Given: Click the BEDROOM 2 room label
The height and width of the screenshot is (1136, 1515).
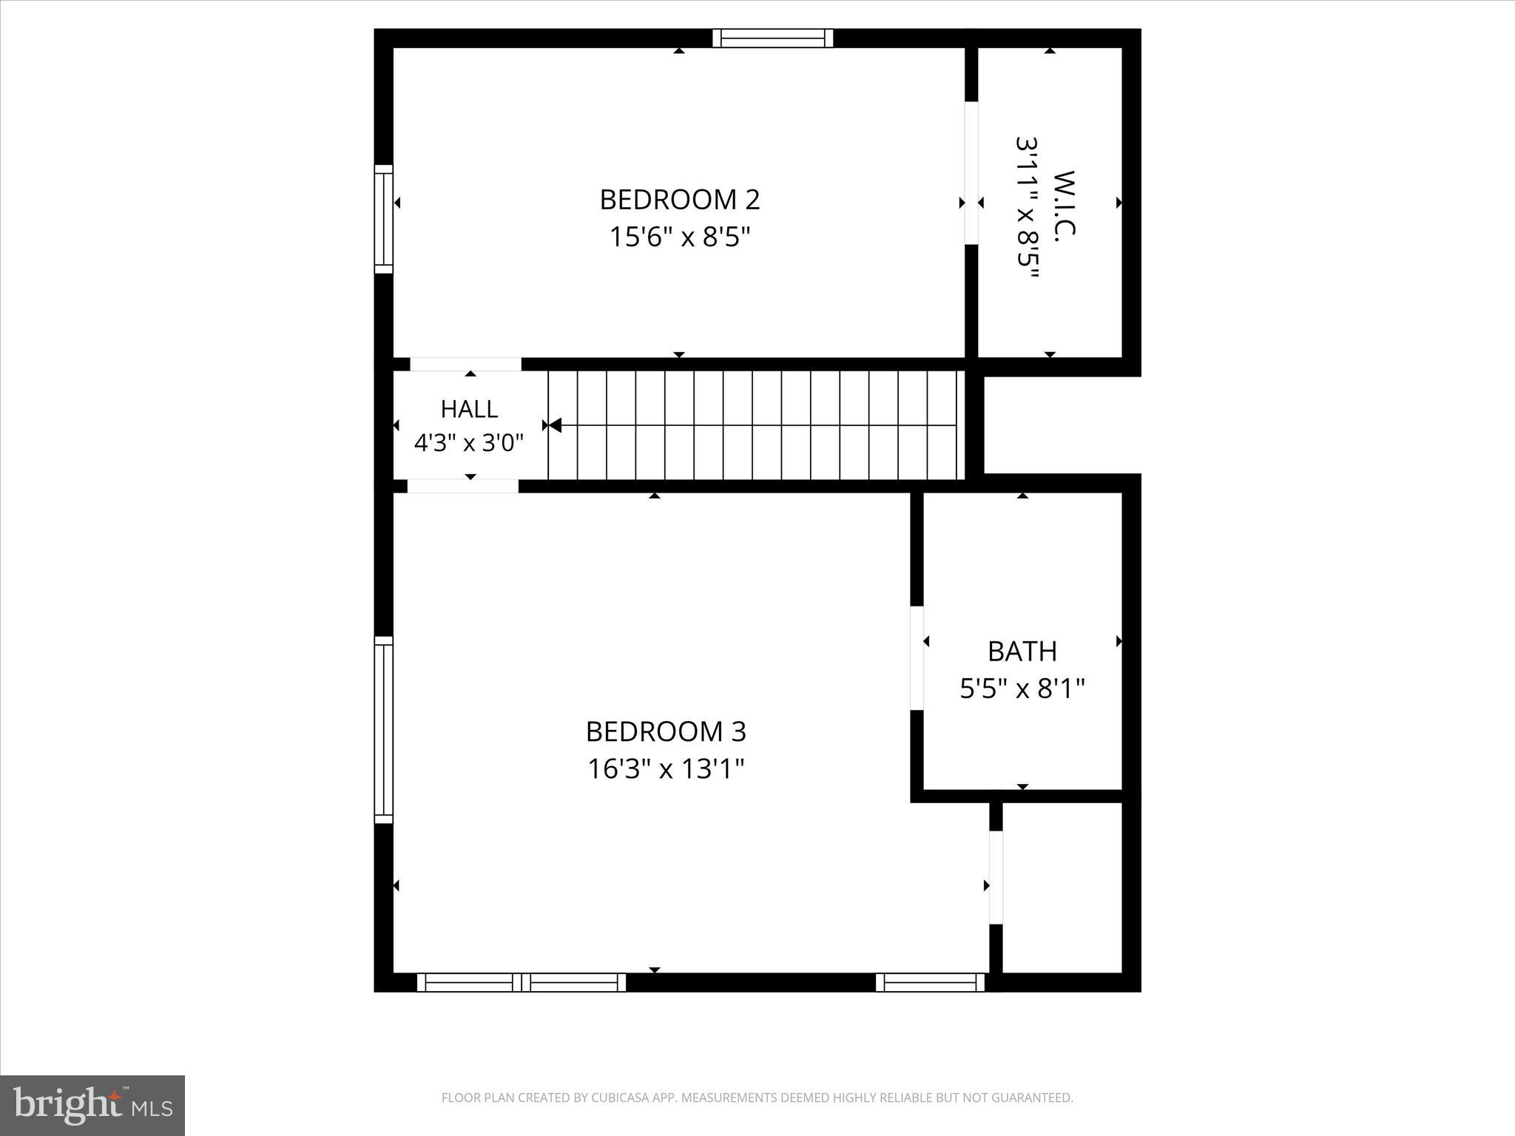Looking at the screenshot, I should coord(679,200).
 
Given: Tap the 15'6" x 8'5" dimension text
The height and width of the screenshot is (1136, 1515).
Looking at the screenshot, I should coord(679,237).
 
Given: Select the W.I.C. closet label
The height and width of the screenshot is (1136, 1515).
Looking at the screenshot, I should coord(1063,203).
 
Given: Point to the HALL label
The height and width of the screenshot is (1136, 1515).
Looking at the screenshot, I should coord(469,409).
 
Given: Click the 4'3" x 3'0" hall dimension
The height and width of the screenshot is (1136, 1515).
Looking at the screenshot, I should coord(469,443).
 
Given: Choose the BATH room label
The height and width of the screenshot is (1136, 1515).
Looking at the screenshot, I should coord(1022,652).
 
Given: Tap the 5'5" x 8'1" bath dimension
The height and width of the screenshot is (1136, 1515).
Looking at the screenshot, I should coord(1022,689).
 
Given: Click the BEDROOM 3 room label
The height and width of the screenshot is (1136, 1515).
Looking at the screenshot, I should coord(666,731).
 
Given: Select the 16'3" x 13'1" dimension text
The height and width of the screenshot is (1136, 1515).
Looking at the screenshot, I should coord(666,769).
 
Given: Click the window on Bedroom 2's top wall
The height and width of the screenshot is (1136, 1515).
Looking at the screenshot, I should coord(772,38).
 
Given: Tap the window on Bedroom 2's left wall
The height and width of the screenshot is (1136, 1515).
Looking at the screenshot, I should coord(383,219).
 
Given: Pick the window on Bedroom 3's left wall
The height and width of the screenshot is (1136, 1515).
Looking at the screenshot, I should coord(383,729).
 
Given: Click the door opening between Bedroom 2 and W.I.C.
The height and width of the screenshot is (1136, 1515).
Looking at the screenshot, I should coord(971,173).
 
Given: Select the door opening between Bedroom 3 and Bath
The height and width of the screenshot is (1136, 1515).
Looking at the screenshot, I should coord(917,658).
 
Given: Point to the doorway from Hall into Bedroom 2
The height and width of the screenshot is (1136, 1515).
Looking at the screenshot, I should coord(466,364).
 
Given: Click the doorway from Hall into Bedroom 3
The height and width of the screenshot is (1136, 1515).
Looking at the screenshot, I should coord(463,486).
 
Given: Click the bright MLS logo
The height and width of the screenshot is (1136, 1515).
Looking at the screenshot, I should coord(92,1106).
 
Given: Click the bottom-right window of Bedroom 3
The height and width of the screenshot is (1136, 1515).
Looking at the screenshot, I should coord(930,982).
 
